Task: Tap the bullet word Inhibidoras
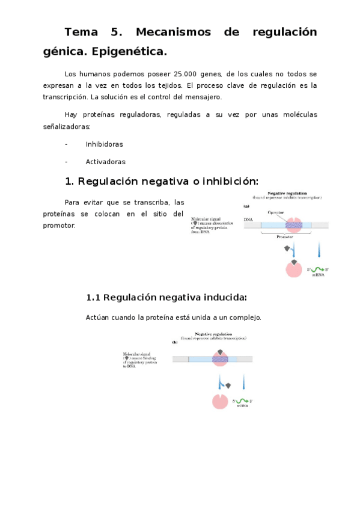(104, 144)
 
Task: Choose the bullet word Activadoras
(105, 161)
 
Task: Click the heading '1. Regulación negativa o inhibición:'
(161, 181)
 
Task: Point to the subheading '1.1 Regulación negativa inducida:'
(166, 298)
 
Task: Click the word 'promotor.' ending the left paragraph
(59, 226)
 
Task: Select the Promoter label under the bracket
(285, 237)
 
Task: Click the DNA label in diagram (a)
(248, 220)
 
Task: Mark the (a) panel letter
(246, 206)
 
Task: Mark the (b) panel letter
(175, 342)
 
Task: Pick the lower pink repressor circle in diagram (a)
(293, 269)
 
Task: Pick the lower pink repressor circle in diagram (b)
(220, 401)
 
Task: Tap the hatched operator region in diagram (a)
(293, 226)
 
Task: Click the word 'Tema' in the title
(84, 32)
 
